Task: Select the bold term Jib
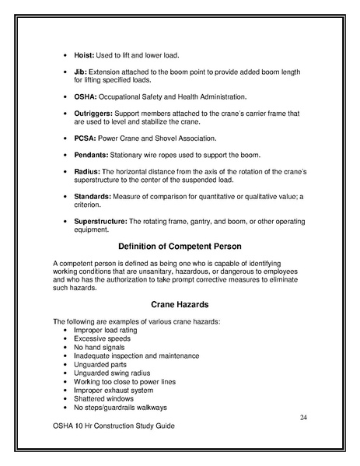(x=80, y=72)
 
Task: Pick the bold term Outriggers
(x=94, y=113)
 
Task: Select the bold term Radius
(x=87, y=171)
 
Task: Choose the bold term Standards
(x=93, y=196)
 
